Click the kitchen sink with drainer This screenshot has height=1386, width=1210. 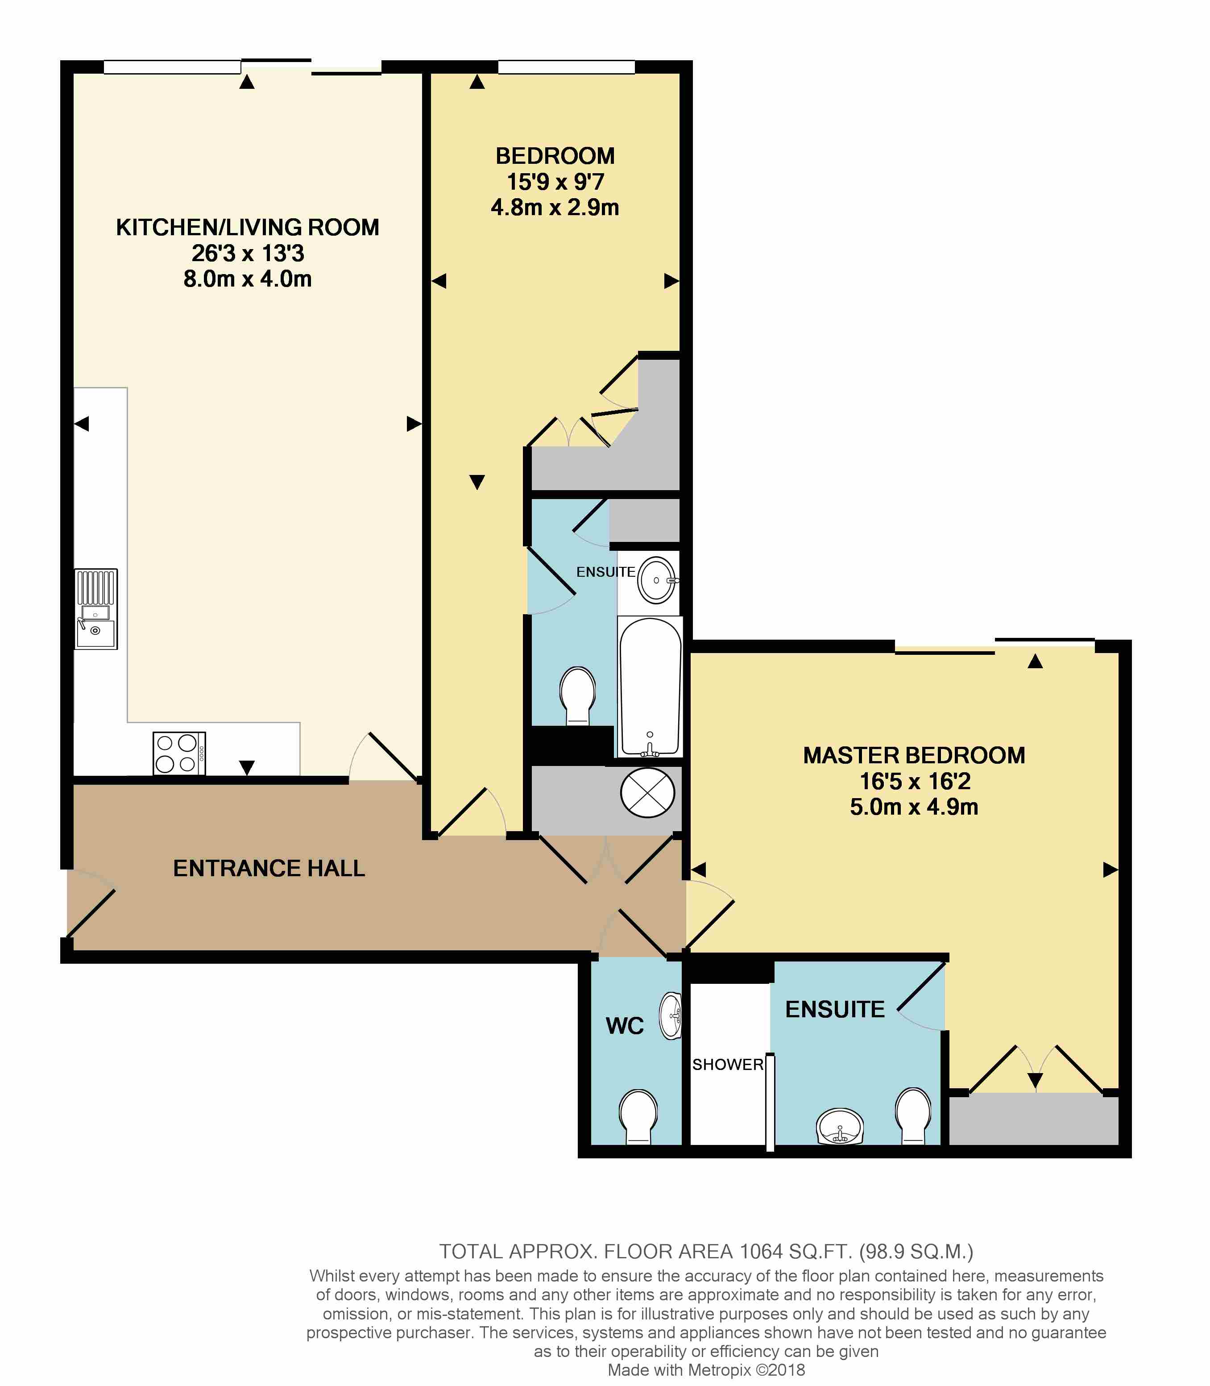(96, 609)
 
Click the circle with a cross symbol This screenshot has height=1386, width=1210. (647, 793)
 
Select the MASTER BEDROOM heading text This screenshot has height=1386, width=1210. (914, 755)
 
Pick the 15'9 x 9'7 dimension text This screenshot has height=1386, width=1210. (555, 182)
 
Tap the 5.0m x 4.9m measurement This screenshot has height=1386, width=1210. (914, 807)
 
